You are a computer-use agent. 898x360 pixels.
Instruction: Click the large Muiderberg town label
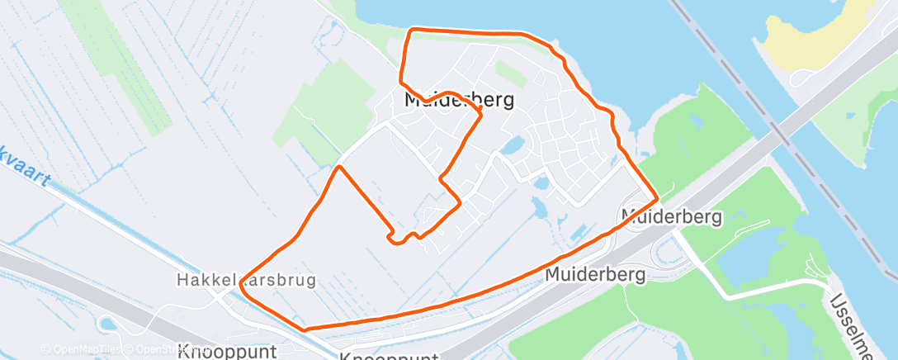(459, 100)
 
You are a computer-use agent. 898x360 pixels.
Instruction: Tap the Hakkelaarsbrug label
(246, 280)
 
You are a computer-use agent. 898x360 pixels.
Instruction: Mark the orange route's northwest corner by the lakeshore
(412, 31)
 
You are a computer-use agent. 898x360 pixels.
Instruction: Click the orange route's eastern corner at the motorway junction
(657, 199)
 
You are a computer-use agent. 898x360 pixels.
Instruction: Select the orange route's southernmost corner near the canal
(305, 329)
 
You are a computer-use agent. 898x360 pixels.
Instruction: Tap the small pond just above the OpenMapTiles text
(106, 323)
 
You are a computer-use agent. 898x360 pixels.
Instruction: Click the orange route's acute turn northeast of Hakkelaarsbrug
(338, 168)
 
